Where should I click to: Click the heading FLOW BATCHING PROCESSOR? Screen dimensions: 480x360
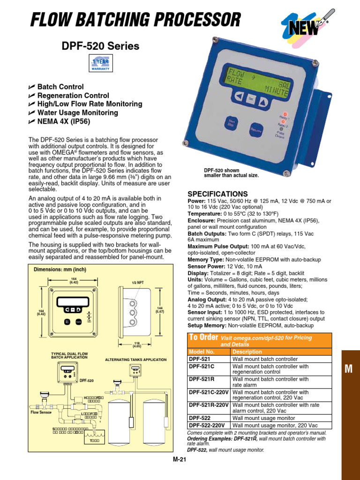(x=135, y=20)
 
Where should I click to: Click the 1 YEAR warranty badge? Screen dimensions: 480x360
(x=100, y=63)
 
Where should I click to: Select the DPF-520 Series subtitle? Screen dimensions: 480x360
(x=100, y=46)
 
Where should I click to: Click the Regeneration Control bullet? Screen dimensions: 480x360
(x=73, y=96)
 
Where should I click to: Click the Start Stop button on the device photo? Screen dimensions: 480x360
(x=232, y=123)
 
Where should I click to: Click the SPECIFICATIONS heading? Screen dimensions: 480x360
(x=217, y=194)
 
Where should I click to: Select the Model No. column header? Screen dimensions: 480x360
(x=201, y=352)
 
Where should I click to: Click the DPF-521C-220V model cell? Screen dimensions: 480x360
(x=209, y=392)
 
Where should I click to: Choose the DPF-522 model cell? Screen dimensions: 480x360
(x=200, y=417)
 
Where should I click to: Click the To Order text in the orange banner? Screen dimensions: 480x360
(x=203, y=337)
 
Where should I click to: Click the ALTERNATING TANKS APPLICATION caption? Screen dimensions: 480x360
(x=135, y=360)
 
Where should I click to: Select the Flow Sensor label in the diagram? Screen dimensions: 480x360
(x=41, y=412)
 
